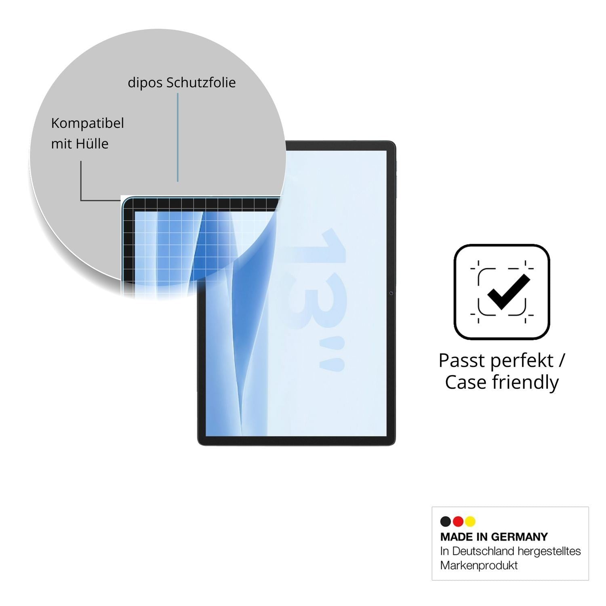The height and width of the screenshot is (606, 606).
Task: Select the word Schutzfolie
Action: (201, 82)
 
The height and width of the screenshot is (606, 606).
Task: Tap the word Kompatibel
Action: (87, 124)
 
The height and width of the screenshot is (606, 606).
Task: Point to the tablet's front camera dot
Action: (391, 293)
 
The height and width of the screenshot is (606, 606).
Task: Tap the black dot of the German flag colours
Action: (446, 521)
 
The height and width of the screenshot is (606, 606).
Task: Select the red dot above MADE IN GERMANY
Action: (458, 521)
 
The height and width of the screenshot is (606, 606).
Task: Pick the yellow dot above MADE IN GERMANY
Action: (470, 521)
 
